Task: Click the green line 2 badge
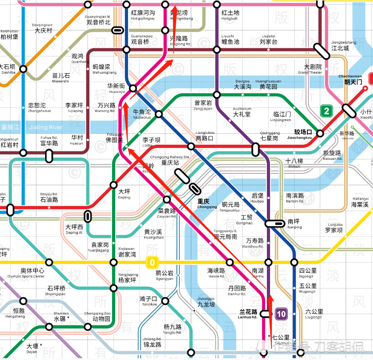click(x=326, y=111)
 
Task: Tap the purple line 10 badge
click(x=281, y=314)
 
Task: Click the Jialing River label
click(x=46, y=127)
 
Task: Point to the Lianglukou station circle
click(x=191, y=146)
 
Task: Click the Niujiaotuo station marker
click(x=159, y=114)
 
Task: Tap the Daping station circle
click(x=113, y=185)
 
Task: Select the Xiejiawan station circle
click(x=113, y=262)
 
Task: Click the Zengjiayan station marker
click(x=217, y=95)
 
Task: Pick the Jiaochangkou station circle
click(x=320, y=133)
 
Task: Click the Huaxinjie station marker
click(x=133, y=88)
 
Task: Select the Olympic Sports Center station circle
click(x=49, y=262)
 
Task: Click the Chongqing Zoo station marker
click(x=87, y=327)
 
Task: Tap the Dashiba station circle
click(x=23, y=69)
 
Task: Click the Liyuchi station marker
click(x=217, y=49)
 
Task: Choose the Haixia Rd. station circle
click(x=230, y=262)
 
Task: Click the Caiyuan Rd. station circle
click(x=167, y=199)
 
